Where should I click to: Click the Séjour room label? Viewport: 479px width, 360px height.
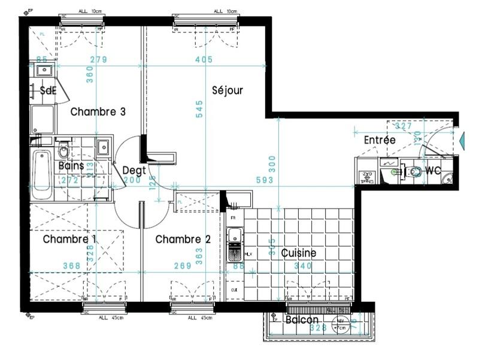click(228, 90)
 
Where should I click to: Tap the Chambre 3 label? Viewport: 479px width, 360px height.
click(98, 111)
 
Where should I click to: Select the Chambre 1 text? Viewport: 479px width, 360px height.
click(70, 239)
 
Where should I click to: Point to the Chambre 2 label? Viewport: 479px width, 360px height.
click(183, 239)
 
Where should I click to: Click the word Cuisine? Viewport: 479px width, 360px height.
click(298, 253)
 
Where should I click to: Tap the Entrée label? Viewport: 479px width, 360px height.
click(380, 140)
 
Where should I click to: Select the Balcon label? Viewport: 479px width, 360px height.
click(302, 320)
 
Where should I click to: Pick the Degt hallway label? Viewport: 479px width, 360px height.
click(134, 170)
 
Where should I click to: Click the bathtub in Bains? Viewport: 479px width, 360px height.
click(42, 174)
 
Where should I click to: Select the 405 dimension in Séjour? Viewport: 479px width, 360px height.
click(204, 59)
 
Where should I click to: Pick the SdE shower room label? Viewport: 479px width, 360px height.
click(48, 90)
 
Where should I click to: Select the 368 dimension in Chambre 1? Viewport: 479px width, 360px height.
click(72, 266)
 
